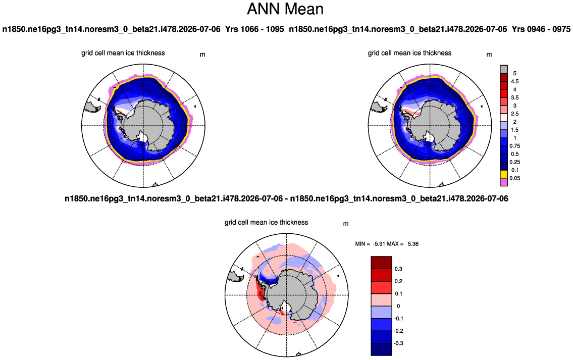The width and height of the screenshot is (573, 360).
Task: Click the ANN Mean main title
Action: (285, 9)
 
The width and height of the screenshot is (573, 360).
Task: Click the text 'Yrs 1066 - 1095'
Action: (254, 29)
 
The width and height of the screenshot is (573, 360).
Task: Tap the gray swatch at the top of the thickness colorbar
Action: (503, 70)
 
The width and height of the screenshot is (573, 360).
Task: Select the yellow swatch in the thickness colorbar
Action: (503, 174)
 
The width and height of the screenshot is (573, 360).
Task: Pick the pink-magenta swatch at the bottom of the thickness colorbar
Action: (503, 182)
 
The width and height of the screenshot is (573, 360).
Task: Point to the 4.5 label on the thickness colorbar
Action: (514, 81)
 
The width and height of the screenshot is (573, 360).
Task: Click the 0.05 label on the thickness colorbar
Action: (515, 178)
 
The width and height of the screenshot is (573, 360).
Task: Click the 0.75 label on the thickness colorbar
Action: (515, 146)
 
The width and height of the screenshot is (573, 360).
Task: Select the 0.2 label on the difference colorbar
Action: (399, 281)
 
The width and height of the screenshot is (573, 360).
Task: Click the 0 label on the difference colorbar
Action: (398, 306)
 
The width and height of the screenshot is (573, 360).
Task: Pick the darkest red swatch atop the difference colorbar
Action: (382, 263)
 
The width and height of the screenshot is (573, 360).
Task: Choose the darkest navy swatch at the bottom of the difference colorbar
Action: (382, 349)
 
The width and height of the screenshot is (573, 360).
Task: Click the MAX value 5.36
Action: (413, 244)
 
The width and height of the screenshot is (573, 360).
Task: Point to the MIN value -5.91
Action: (380, 244)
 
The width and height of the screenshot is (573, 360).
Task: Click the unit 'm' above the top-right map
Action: (489, 55)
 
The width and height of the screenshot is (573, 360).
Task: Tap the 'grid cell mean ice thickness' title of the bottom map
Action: (267, 222)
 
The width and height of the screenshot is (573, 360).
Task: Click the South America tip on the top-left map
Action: (92, 107)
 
